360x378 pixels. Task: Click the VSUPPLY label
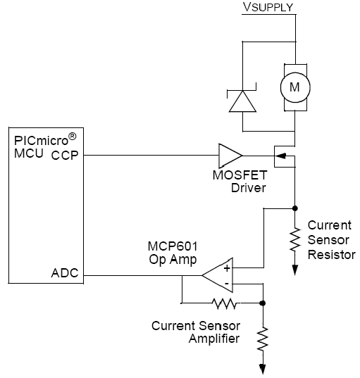268,7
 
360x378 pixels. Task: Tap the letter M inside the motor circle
294,87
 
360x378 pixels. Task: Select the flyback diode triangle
242,101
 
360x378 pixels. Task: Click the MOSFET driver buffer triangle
230,156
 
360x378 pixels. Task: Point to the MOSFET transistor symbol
285,156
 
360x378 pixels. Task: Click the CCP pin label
65,156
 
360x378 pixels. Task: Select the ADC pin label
65,273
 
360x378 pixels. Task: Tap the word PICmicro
42,141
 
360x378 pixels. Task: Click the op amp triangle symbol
218,275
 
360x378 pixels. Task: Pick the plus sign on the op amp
227,268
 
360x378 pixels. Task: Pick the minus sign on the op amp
227,284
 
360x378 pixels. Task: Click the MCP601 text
173,246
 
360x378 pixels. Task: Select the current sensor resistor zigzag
295,239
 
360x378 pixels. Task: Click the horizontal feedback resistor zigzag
224,303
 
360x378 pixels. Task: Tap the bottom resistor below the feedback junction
263,339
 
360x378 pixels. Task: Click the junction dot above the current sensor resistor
295,208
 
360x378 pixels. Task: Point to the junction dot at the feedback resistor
263,303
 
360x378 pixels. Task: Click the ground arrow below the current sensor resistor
295,270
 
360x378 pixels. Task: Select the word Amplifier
214,339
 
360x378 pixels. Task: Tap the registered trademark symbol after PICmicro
72,137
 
